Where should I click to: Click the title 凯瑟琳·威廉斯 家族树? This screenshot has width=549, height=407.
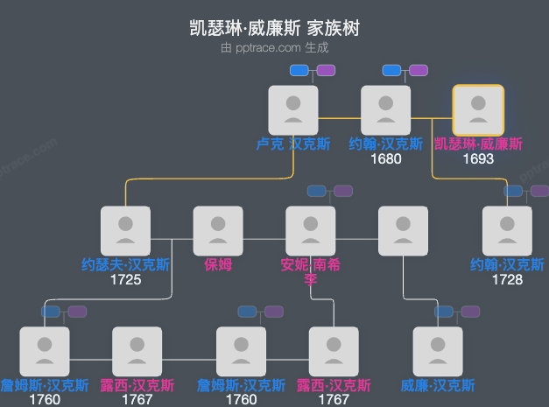point(274,28)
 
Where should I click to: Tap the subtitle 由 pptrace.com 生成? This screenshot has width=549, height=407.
point(274,48)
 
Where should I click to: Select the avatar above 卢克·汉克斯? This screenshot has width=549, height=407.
point(293,109)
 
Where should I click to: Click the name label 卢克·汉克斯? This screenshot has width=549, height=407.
point(293,144)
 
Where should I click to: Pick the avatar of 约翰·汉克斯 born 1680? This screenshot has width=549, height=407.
point(386,109)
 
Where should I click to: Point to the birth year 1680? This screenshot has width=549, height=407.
point(386,159)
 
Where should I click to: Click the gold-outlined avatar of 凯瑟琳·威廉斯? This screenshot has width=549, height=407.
point(478,109)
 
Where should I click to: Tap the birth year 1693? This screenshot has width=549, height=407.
point(478,159)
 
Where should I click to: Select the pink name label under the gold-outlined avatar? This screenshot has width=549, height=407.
point(478,144)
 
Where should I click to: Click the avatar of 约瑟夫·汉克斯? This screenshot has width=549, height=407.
point(126,230)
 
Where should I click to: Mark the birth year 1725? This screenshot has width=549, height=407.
point(126,280)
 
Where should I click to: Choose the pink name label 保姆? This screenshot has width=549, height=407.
point(218,264)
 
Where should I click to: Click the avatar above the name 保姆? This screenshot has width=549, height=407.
point(218,230)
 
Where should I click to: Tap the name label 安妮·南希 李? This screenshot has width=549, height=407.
point(310,271)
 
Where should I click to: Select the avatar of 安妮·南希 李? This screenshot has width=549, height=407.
point(311,230)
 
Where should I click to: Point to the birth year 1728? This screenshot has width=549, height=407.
point(508,280)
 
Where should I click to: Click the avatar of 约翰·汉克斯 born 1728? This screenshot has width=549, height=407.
point(508,230)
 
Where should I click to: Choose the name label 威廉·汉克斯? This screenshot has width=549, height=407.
point(438,385)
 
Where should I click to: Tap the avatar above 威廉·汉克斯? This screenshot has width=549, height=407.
point(438,351)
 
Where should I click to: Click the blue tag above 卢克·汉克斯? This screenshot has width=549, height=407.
point(299,70)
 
